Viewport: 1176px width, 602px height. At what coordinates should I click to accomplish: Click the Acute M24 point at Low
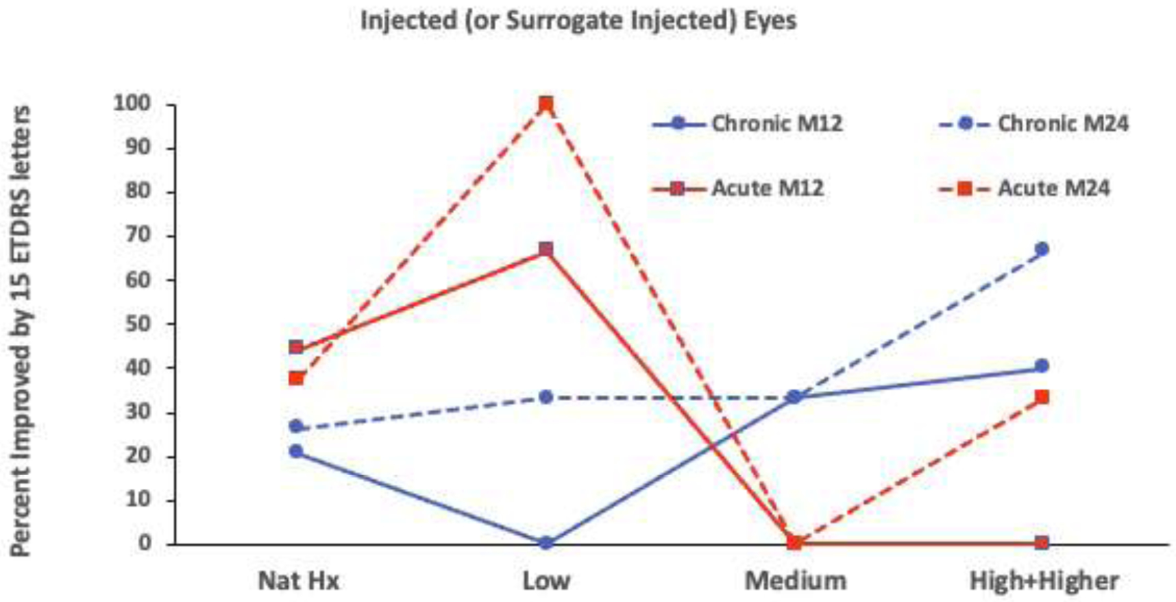(x=546, y=104)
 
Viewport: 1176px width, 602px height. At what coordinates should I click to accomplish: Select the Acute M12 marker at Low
(x=546, y=250)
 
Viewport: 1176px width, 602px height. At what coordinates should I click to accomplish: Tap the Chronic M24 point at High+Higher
(x=1042, y=250)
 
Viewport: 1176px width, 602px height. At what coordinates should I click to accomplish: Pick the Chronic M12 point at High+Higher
(x=1042, y=366)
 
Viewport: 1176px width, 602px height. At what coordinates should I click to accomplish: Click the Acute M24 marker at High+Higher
(x=1042, y=397)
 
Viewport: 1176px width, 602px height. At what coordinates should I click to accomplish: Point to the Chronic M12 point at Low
(x=546, y=543)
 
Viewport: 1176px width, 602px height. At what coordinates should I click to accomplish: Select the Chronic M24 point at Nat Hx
(x=296, y=426)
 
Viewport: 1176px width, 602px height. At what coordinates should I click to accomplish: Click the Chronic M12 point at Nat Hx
(x=296, y=451)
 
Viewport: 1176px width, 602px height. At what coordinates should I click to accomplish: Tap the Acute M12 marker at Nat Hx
(x=296, y=348)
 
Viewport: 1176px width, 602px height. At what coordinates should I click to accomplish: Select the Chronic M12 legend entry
(x=747, y=124)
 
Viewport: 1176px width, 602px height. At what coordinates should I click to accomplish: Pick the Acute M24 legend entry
(x=1024, y=188)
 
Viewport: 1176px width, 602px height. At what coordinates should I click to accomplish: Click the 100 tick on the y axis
(x=132, y=104)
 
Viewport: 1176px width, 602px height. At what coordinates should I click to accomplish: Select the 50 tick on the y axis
(x=137, y=324)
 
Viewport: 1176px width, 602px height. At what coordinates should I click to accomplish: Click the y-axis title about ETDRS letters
(x=21, y=329)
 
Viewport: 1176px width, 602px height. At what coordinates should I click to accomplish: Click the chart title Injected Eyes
(x=578, y=21)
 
